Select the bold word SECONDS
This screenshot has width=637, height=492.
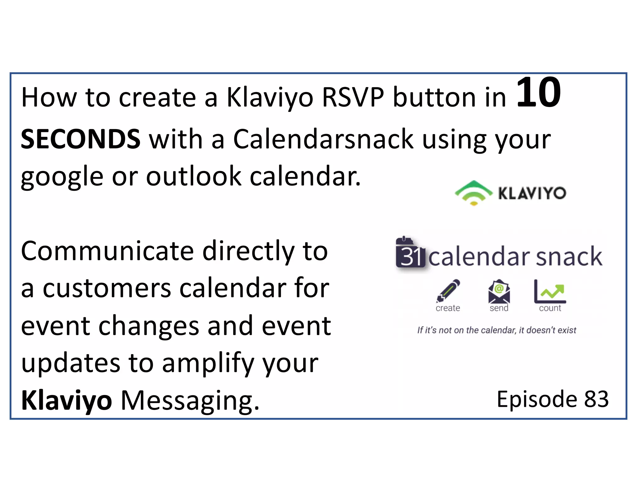click(x=81, y=139)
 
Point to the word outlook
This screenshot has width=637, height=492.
click(x=193, y=176)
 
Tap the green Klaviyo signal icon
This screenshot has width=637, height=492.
click(x=473, y=193)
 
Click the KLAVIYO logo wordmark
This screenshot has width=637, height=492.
click(x=532, y=193)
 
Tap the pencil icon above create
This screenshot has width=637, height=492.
click(x=448, y=291)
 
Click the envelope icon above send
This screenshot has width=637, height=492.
click(x=499, y=291)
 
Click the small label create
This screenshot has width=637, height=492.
click(x=448, y=308)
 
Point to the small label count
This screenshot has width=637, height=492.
click(x=550, y=308)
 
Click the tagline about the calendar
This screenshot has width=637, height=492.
click(x=496, y=330)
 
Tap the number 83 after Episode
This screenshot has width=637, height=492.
click(x=596, y=399)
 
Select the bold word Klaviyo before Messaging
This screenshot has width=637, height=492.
click(x=66, y=401)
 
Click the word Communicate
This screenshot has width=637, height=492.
click(x=107, y=251)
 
